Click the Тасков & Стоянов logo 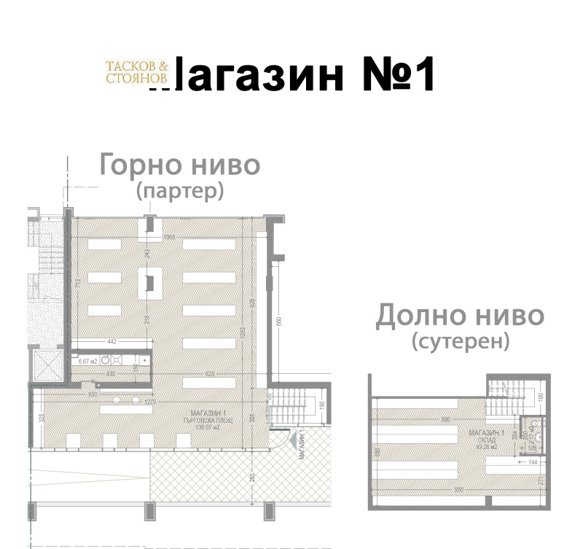(x=137, y=71)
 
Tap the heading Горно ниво (x=179, y=165)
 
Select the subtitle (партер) (x=179, y=191)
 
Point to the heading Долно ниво (x=459, y=316)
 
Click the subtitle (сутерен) (x=459, y=341)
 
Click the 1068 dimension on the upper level (x=170, y=237)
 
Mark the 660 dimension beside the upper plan (x=278, y=322)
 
